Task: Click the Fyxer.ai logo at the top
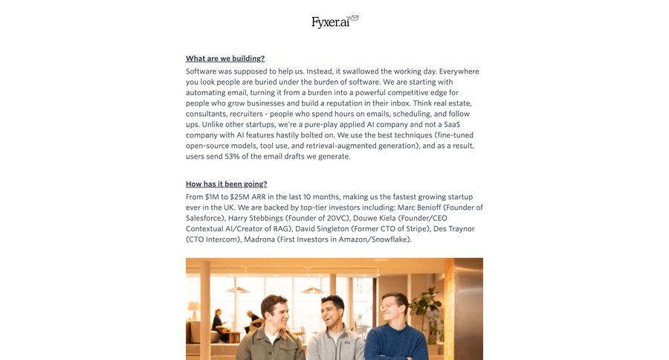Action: (334, 22)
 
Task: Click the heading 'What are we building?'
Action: (225, 59)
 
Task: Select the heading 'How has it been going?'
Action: (226, 184)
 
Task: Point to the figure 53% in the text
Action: (232, 156)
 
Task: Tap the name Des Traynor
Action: (453, 229)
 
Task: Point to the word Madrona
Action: (259, 240)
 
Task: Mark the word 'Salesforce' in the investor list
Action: (203, 218)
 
